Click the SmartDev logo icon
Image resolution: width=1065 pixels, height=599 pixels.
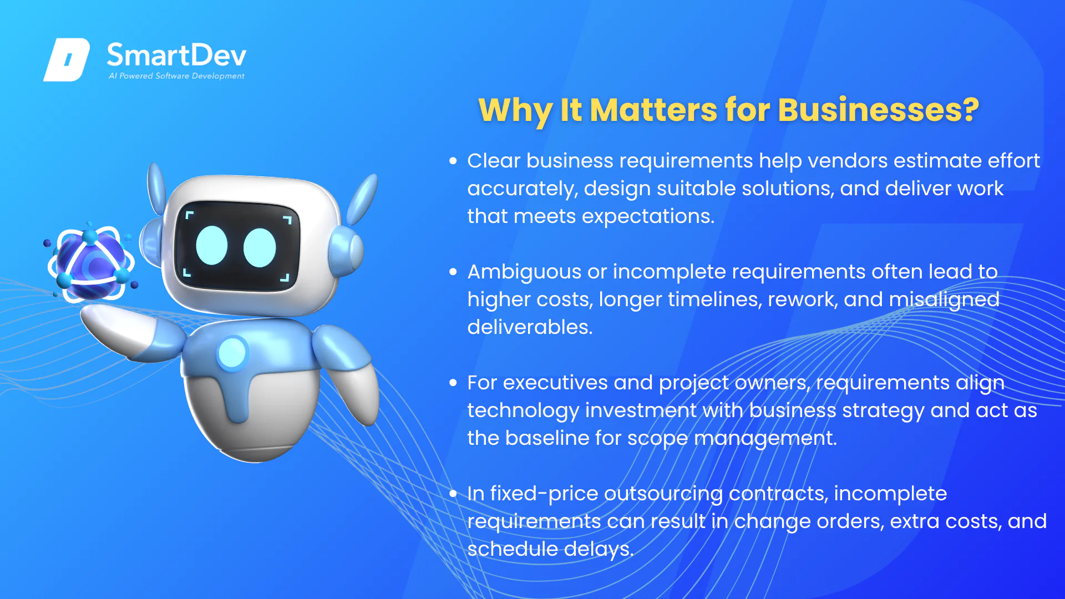67,59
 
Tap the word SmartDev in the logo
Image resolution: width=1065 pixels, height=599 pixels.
176,55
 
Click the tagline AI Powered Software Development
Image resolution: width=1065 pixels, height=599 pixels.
176,76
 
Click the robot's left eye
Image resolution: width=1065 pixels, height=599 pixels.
212,246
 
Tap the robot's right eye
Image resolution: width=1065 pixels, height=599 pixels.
260,247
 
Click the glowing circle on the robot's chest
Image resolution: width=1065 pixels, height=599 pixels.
232,352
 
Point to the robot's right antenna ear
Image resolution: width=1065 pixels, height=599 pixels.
363,199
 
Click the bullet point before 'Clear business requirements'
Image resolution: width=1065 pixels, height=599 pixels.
453,161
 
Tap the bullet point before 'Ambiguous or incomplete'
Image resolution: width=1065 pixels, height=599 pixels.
453,272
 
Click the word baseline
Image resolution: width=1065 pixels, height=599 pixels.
547,438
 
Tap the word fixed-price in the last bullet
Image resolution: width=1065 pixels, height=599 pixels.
544,494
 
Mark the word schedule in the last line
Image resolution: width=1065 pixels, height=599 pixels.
513,549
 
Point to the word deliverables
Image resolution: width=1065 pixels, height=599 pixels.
530,327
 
